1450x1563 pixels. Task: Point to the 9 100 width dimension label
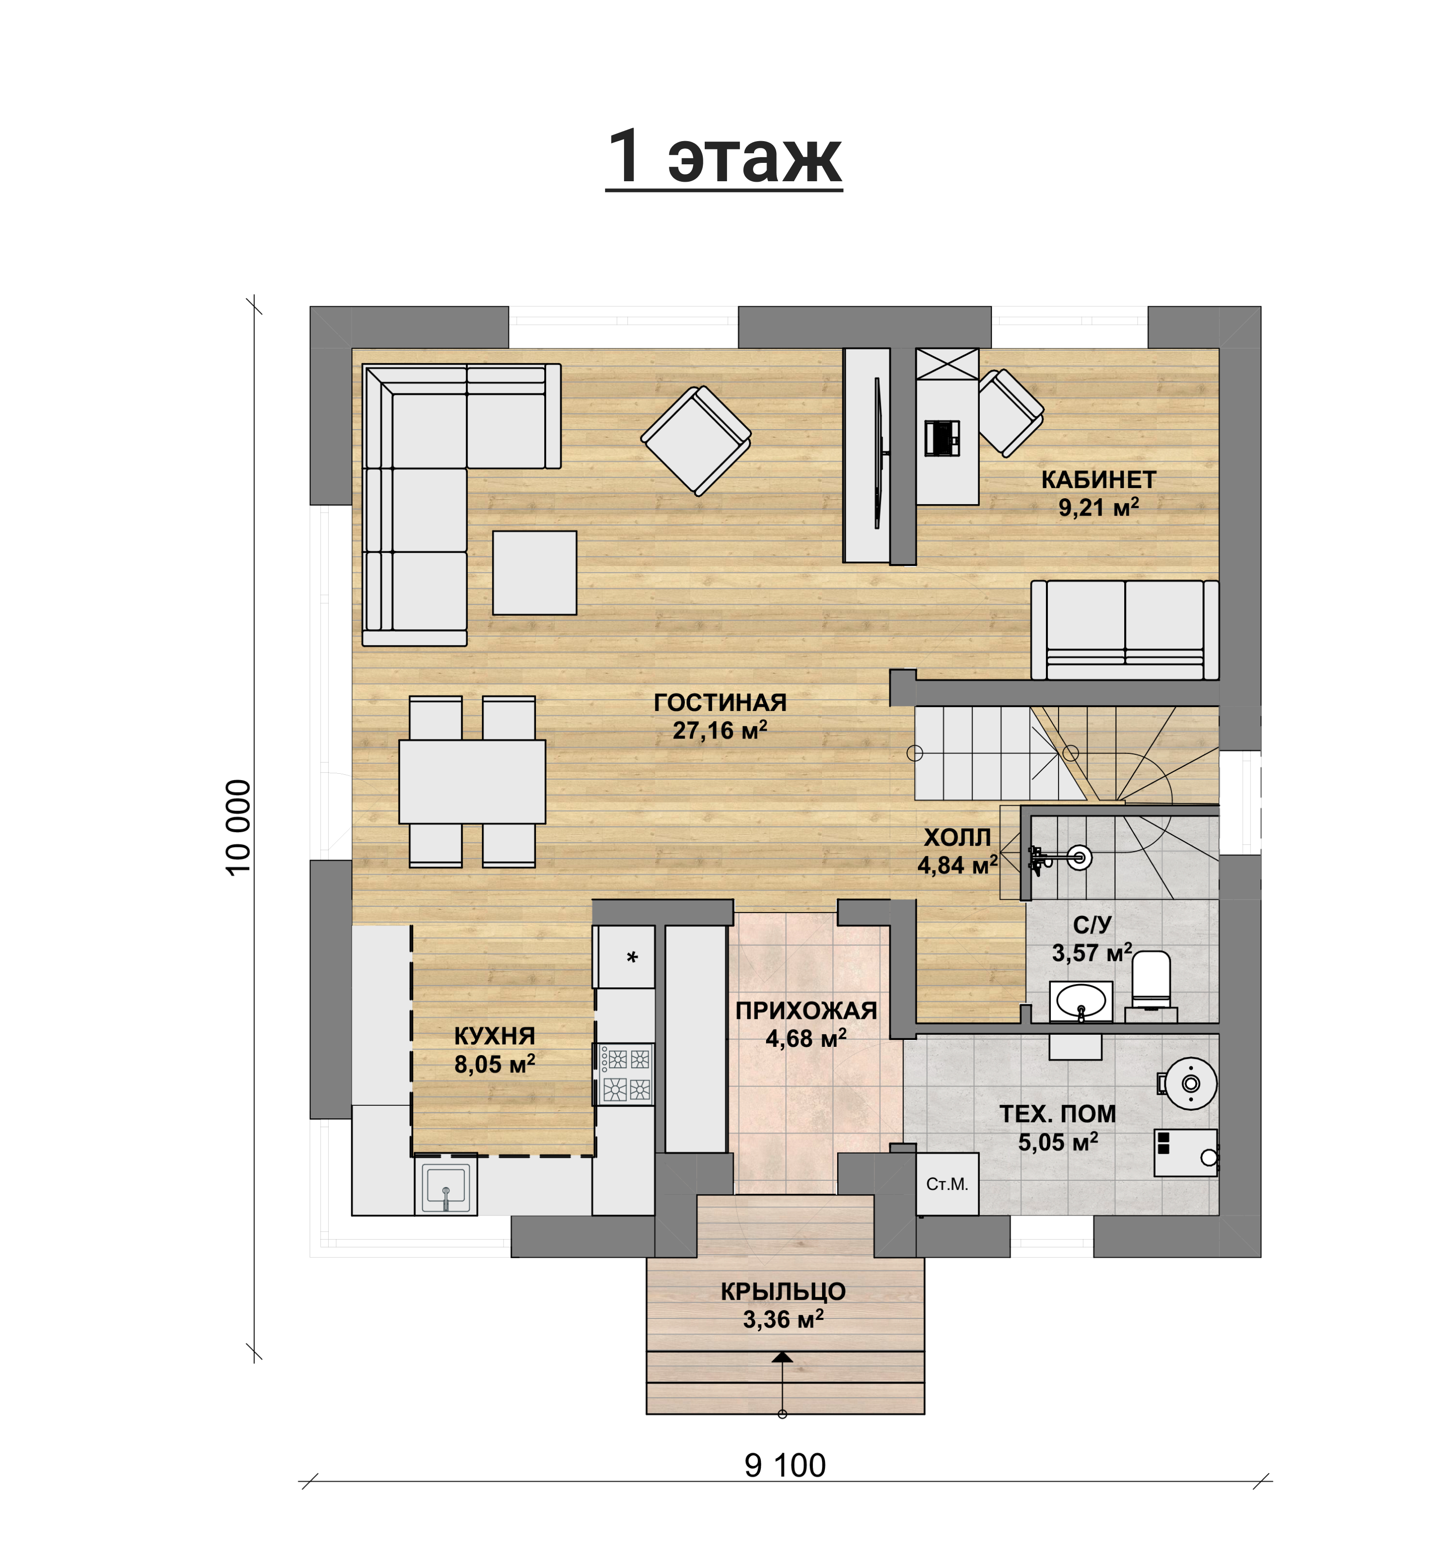tap(784, 1465)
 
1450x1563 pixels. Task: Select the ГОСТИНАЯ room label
tap(720, 702)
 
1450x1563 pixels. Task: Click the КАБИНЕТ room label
tap(1099, 479)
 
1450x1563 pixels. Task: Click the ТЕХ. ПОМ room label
tap(1058, 1114)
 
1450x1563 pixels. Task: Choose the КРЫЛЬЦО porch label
tap(783, 1291)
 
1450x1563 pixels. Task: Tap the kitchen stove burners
tap(626, 1074)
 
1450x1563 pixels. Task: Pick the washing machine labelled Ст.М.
tap(947, 1184)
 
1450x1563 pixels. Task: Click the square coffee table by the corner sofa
tap(535, 573)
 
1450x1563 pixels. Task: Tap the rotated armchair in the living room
tap(696, 441)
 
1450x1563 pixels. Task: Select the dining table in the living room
tap(472, 781)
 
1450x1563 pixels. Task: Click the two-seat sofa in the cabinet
tap(1124, 630)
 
